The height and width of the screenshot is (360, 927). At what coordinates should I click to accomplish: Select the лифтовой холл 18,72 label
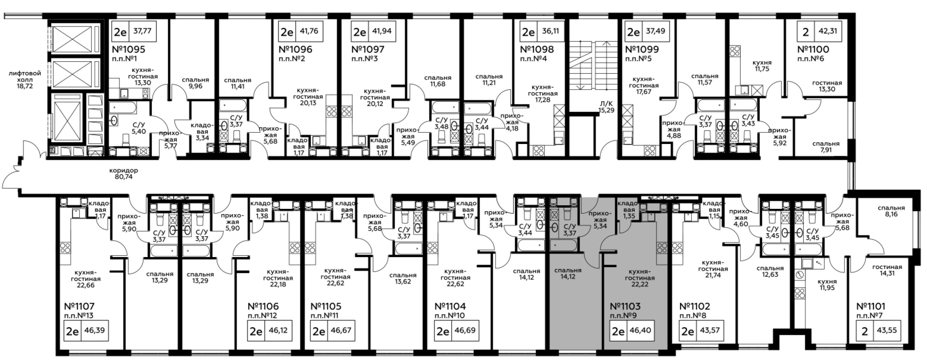(25, 80)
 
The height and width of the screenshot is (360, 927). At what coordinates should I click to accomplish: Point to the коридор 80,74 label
(124, 174)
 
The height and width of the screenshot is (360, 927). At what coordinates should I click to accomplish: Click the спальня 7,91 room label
(826, 147)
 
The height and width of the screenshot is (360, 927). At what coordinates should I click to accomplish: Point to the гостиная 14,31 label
(887, 270)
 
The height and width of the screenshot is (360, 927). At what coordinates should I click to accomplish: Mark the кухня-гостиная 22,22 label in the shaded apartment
(640, 278)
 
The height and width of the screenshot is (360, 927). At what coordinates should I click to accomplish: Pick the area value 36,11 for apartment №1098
(550, 31)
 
